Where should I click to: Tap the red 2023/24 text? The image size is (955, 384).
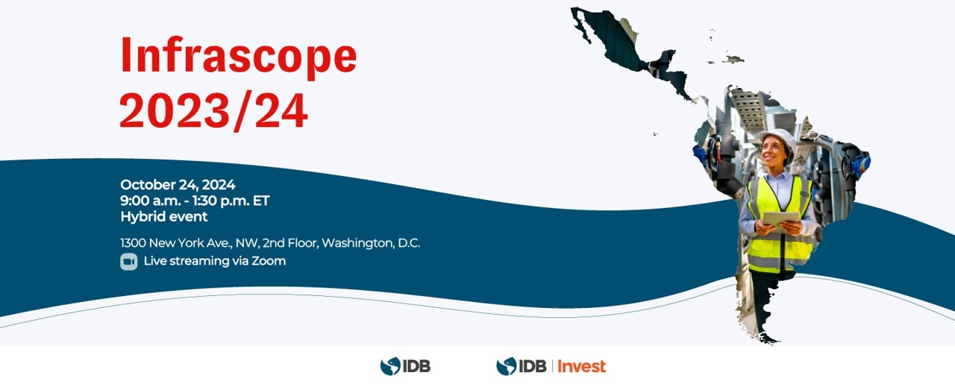213,111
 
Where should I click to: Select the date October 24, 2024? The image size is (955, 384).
178,184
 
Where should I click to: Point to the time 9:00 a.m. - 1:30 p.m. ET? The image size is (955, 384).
195,201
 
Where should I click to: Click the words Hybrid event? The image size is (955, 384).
164,216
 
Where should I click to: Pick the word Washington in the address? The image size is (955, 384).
358,243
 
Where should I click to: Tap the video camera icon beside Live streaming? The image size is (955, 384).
129,261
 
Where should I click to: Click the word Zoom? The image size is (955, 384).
269,261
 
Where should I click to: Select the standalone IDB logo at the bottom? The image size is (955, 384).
405,366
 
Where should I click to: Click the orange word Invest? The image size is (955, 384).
581,366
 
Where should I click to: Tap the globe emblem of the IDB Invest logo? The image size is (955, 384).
507,366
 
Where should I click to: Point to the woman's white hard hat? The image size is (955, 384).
778,139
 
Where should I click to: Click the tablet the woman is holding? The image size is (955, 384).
781,219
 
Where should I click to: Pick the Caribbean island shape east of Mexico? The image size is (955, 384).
733,60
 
